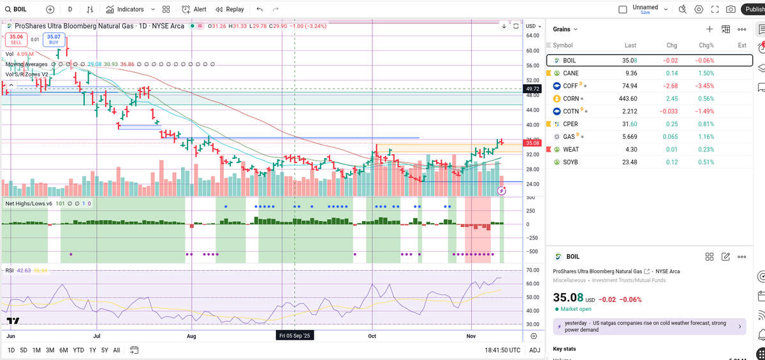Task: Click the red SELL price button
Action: coord(16,40)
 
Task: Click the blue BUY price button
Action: coord(54,40)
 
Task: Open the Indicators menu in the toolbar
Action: coord(125,10)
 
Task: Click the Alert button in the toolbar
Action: coord(194,10)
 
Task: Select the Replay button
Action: coord(230,10)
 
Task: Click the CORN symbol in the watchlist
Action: coord(571,99)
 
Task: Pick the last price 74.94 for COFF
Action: coord(629,86)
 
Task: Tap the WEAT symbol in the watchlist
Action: coord(571,149)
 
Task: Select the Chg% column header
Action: coord(706,45)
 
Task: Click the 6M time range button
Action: coord(63,350)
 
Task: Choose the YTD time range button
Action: coord(78,350)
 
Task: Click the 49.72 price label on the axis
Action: coord(532,89)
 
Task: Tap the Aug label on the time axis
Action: coord(191,335)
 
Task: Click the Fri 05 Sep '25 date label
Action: coord(295,335)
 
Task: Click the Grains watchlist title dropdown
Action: coord(565,29)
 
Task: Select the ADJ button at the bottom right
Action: coord(534,350)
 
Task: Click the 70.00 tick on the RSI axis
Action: coord(533,271)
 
